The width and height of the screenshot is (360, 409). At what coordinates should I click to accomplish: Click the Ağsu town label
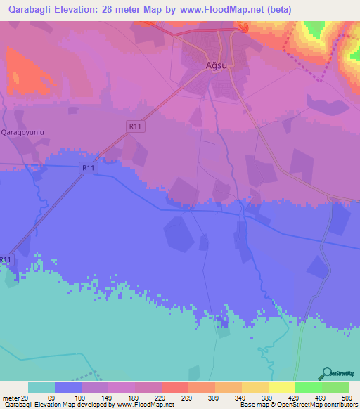(217, 65)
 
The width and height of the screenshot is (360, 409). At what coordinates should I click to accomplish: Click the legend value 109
(81, 397)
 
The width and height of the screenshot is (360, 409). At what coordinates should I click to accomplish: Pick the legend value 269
(188, 397)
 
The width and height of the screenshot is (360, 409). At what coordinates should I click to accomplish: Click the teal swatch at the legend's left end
(41, 387)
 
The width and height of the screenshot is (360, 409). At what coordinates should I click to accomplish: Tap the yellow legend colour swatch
(281, 387)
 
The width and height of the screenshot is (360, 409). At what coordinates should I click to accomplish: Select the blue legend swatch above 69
(68, 387)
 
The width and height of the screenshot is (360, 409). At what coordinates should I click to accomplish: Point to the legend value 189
(134, 397)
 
